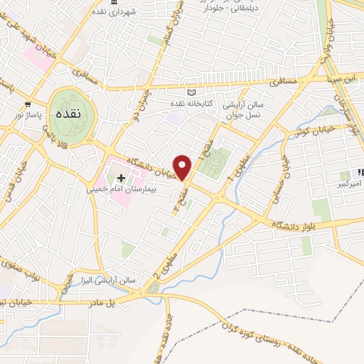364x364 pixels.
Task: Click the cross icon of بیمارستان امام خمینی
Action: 121,178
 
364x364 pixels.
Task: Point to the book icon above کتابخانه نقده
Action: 190,93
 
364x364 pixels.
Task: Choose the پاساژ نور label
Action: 27,114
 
